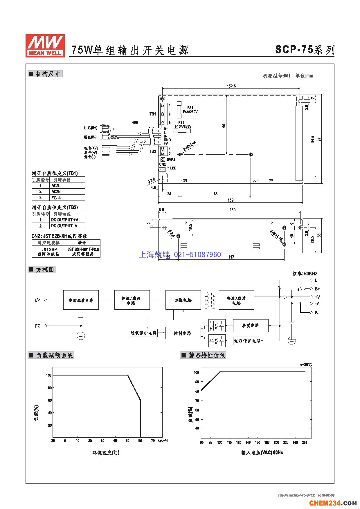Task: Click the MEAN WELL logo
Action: coord(45,46)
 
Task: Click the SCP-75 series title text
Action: coord(305,50)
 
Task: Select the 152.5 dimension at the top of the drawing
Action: coord(231,86)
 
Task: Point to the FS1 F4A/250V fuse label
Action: coord(190,110)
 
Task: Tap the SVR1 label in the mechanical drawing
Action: coord(171,160)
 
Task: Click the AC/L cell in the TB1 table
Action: coord(56,186)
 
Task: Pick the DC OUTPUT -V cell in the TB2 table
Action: coord(64,226)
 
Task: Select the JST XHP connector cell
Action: coord(49,252)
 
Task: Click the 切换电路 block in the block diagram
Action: coord(183,300)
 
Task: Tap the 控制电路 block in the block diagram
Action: coord(183,333)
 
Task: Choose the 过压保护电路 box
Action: coord(247,341)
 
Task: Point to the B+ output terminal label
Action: coord(317,289)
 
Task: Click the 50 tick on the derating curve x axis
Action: coord(128,441)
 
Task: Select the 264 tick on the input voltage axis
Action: coord(305,442)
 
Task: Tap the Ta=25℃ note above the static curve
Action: coord(305,364)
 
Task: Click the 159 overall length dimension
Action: coord(230,200)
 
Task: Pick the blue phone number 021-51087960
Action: coord(197,255)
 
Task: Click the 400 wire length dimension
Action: coord(135,122)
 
